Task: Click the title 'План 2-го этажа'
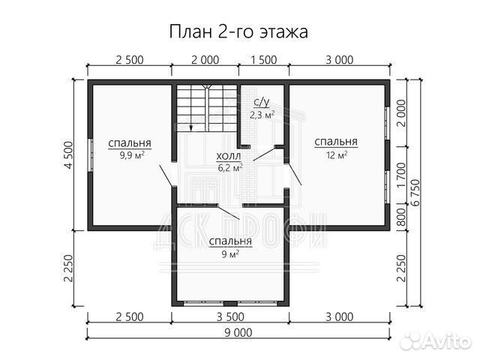click(240, 31)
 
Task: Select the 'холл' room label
click(228, 157)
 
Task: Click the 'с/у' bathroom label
click(262, 101)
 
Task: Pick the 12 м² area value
click(335, 155)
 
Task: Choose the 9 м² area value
click(230, 254)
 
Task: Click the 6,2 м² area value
click(229, 169)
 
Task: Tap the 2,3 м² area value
click(262, 114)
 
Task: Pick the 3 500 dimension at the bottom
click(230, 318)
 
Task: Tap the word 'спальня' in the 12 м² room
click(335, 142)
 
